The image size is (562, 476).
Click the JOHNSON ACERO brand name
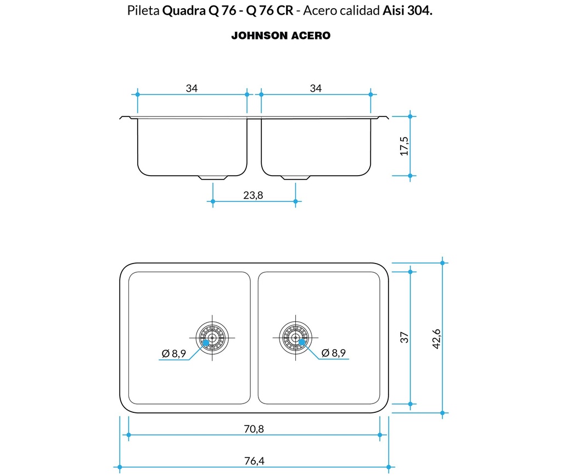click(280, 36)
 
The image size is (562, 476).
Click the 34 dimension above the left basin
click(191, 88)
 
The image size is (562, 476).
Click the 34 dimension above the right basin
click(315, 88)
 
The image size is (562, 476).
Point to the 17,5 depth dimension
click(404, 146)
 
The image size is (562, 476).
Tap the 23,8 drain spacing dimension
click(253, 195)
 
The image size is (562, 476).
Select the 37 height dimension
click(404, 338)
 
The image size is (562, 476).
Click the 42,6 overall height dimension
click(436, 338)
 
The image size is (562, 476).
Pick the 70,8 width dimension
click(254, 429)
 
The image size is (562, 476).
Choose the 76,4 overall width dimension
click(254, 461)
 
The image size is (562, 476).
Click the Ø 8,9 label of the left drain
click(174, 353)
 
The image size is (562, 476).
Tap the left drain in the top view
click(212, 337)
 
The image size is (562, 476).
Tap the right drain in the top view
click(295, 337)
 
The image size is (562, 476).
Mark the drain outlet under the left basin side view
click(213, 177)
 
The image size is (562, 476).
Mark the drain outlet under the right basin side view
click(295, 177)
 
